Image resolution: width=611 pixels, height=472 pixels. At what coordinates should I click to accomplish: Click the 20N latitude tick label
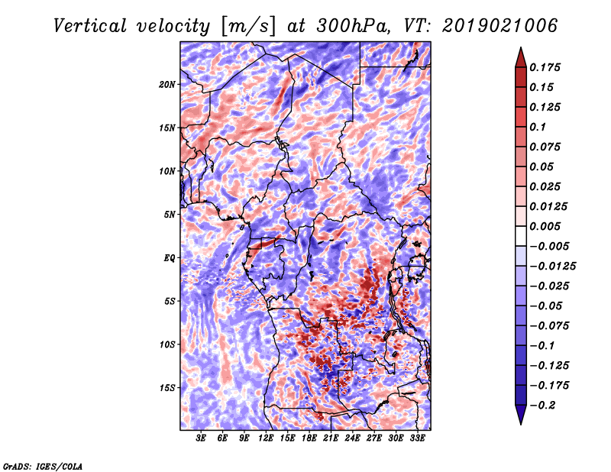pyautogui.click(x=167, y=85)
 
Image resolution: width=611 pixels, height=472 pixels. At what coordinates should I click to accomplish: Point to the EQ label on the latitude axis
pyautogui.click(x=169, y=258)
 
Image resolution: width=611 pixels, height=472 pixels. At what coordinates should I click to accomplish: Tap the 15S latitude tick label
pyautogui.click(x=167, y=388)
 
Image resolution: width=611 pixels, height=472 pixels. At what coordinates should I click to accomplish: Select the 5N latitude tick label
pyautogui.click(x=170, y=215)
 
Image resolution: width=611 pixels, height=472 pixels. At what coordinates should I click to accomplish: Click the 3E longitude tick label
pyautogui.click(x=201, y=438)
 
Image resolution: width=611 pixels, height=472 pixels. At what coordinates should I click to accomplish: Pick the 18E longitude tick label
pyautogui.click(x=309, y=438)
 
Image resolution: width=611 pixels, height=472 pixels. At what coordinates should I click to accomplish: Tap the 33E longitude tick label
pyautogui.click(x=417, y=438)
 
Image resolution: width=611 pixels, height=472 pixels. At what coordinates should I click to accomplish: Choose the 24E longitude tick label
pyautogui.click(x=352, y=438)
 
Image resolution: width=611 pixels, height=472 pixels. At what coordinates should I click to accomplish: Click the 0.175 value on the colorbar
pyautogui.click(x=545, y=67)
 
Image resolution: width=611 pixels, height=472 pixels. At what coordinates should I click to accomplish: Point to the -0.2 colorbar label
pyautogui.click(x=542, y=406)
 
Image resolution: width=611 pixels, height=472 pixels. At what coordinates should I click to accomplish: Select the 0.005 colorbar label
pyautogui.click(x=545, y=226)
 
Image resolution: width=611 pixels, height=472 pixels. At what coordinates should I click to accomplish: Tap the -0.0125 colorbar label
pyautogui.click(x=552, y=267)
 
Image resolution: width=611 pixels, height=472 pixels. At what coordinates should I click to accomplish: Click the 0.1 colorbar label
pyautogui.click(x=538, y=127)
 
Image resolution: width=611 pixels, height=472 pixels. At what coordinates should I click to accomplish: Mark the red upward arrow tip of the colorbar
pyautogui.click(x=521, y=48)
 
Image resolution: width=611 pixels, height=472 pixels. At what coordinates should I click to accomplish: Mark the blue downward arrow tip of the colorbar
pyautogui.click(x=521, y=423)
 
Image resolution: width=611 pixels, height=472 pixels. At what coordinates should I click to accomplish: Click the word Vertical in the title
pyautogui.click(x=90, y=26)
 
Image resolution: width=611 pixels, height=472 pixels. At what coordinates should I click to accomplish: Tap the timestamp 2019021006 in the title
pyautogui.click(x=500, y=26)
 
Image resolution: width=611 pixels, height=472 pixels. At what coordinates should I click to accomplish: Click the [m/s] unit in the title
pyautogui.click(x=248, y=27)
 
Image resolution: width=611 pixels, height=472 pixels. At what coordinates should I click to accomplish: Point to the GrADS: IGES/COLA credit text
pyautogui.click(x=43, y=466)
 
